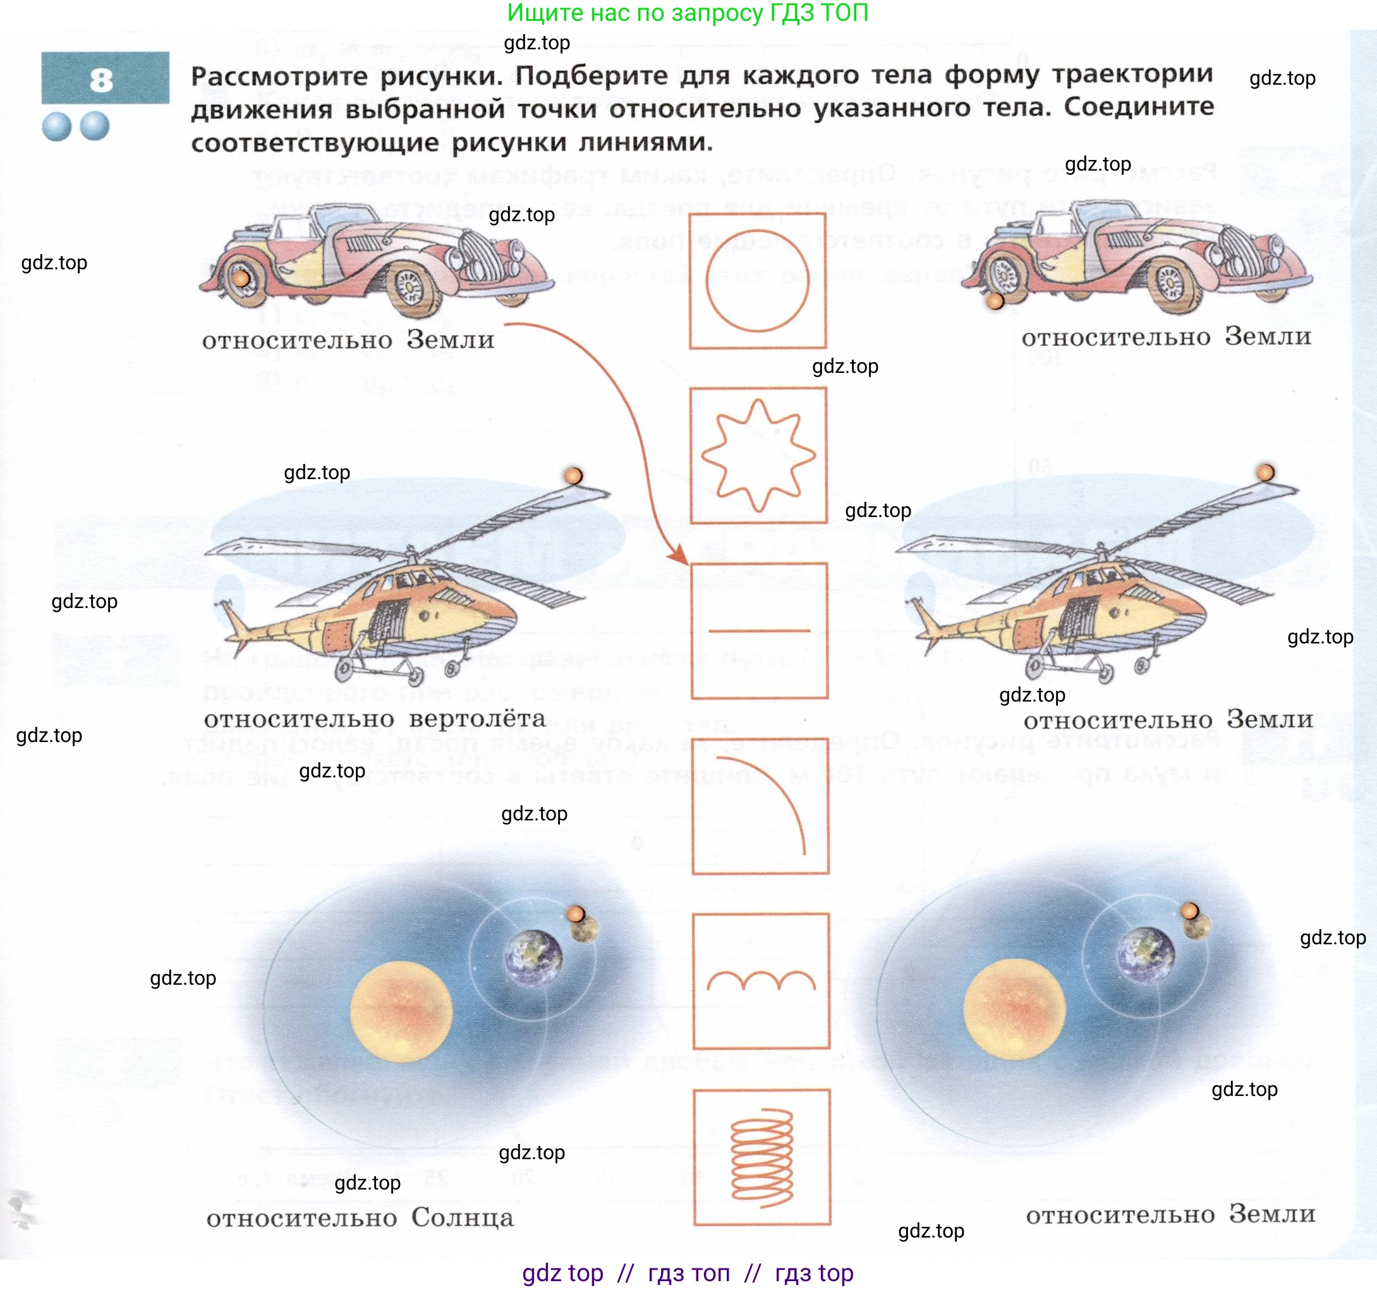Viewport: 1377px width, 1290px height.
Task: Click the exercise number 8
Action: [x=101, y=80]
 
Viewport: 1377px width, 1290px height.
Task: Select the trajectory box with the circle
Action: [x=757, y=281]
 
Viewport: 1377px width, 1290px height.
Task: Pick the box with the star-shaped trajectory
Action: [x=758, y=455]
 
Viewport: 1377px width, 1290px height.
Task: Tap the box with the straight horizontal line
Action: [x=759, y=630]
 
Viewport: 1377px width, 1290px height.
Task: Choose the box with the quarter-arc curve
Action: [x=760, y=806]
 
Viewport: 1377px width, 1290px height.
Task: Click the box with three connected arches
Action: [x=760, y=981]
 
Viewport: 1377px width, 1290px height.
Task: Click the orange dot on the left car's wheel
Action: [x=241, y=279]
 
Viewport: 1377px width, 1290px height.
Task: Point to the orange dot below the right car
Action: [x=995, y=301]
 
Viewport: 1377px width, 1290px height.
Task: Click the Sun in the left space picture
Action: [x=401, y=1011]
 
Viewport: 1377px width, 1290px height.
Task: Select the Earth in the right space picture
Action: [x=1147, y=957]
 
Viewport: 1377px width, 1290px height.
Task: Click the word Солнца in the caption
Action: [x=462, y=1218]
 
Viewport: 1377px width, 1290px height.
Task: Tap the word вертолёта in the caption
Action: [x=477, y=719]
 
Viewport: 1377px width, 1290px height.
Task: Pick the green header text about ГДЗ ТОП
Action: [x=687, y=13]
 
